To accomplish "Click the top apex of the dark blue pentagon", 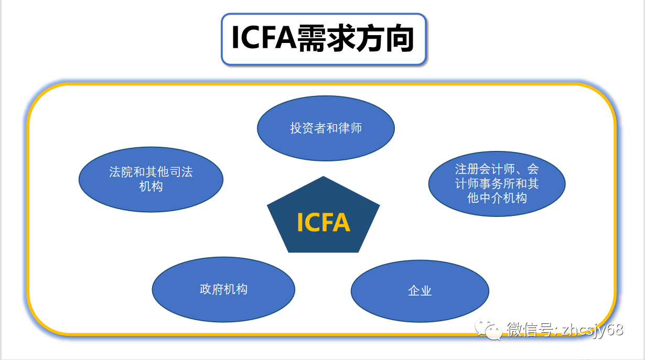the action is point(324,176).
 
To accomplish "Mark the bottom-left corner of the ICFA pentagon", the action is point(288,253).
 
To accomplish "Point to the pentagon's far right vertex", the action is point(380,205).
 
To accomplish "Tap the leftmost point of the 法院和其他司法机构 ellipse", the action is point(79,180).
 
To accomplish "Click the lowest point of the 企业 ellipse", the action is point(420,322).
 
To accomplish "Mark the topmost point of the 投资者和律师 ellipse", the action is point(326,95).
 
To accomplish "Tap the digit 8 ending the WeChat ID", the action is point(618,330).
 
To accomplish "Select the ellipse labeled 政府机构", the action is point(223,289).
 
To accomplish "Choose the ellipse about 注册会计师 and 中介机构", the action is point(497,183).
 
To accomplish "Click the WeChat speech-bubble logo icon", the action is point(488,329).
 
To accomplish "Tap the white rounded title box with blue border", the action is point(324,39).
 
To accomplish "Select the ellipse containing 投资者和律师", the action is point(326,128).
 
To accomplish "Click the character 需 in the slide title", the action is point(311,38).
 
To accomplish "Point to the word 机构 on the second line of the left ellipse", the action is point(151,187).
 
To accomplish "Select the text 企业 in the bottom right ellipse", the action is point(420,291).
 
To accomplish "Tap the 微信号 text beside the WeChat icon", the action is point(530,330).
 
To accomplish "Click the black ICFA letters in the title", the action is point(264,38).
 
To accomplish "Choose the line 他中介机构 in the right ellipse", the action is point(497,198).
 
